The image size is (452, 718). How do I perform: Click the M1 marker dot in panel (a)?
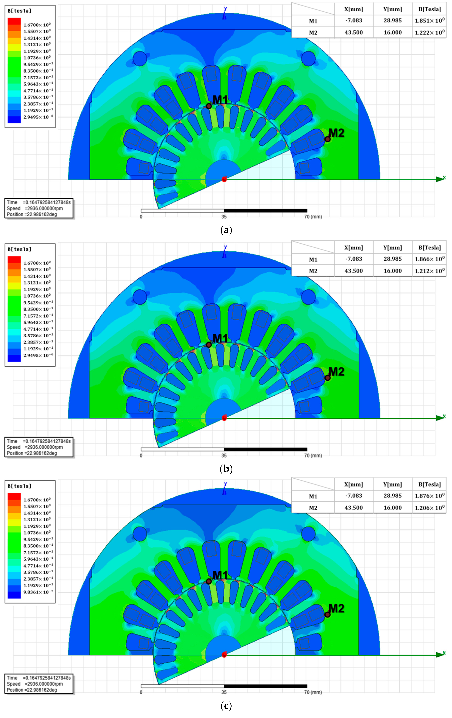pos(209,106)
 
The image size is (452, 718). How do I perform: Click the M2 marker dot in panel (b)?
pos(327,378)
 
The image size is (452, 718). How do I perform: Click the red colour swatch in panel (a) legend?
pos(14,21)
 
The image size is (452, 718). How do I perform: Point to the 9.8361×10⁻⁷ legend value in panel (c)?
pos(38,592)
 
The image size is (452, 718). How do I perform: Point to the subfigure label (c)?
pos(226,705)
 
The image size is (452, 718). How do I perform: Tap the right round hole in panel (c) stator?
pos(308,534)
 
